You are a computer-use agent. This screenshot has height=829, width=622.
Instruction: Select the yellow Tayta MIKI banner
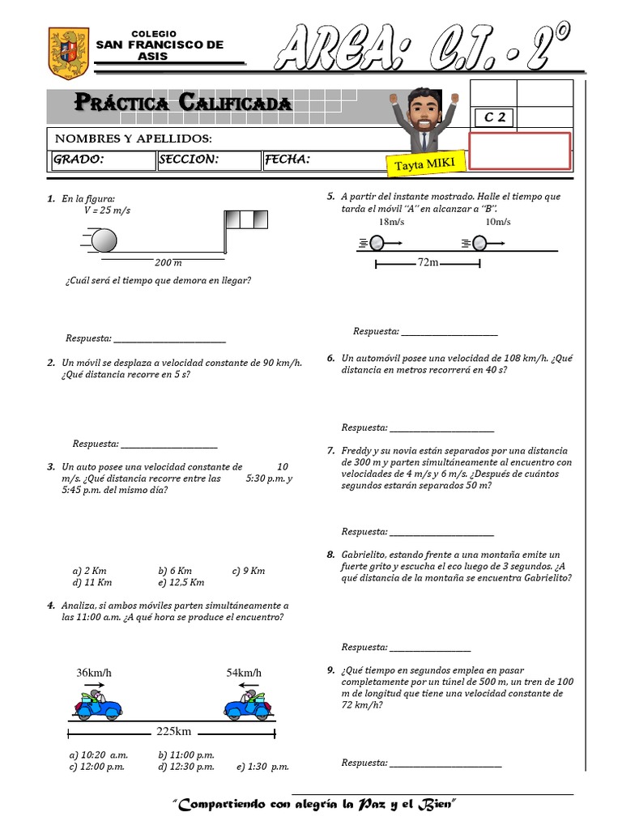[427, 160]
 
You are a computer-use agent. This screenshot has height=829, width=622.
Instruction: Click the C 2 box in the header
[493, 117]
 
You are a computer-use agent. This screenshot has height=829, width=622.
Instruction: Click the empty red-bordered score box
[519, 151]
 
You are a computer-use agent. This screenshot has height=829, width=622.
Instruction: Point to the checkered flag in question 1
[245, 219]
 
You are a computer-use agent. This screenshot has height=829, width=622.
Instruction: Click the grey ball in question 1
[104, 240]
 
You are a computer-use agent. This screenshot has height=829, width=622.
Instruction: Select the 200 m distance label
[168, 263]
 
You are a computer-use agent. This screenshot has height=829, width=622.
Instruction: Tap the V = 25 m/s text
[107, 210]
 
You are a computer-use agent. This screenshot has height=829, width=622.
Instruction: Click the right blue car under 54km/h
[247, 704]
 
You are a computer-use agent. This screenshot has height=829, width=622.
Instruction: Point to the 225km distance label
[173, 732]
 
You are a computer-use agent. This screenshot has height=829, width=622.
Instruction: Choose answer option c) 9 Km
[248, 571]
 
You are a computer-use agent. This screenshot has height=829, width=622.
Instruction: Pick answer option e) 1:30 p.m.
[262, 767]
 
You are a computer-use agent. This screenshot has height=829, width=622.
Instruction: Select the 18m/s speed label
[390, 222]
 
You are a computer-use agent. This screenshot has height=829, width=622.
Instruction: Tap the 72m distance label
[428, 262]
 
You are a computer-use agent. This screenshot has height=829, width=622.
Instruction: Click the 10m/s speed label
[497, 222]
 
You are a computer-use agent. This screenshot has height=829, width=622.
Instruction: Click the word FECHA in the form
[288, 159]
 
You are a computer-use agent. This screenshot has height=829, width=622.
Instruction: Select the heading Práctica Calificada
[183, 103]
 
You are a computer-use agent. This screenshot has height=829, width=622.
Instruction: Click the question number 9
[331, 670]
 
